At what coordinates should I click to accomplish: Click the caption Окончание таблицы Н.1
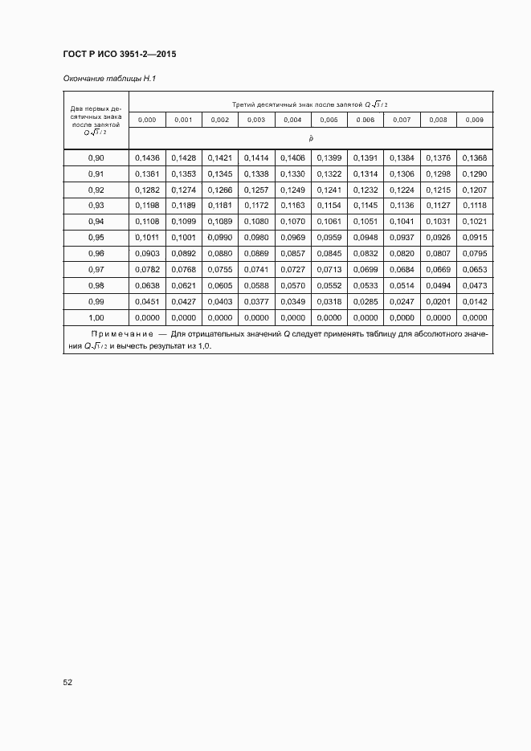pos(108,79)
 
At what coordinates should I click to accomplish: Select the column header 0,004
pos(292,120)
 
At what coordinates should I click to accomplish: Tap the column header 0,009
pos(475,120)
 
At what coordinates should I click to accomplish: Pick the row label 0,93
pos(96,206)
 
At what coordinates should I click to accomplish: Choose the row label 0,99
pos(96,302)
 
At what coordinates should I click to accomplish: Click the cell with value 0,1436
pos(147,157)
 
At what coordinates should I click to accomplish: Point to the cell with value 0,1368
pos(475,157)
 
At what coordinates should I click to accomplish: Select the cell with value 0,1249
pos(292,190)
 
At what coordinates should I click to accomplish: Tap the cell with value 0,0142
pos(475,302)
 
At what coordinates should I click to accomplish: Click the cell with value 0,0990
pos(220,238)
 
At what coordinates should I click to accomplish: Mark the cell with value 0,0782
pos(147,270)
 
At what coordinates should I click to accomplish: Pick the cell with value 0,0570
pos(292,286)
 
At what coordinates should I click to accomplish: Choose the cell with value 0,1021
pos(475,222)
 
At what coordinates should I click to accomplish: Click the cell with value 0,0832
pos(366,254)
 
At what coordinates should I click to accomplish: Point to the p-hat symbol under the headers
pos(311,138)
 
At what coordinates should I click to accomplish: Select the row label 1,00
pos(96,318)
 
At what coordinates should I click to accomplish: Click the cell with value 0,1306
pos(402,173)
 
